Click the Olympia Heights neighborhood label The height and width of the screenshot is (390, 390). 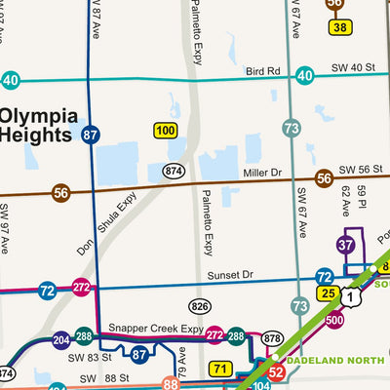click(39, 126)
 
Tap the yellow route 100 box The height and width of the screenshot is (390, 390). click(166, 130)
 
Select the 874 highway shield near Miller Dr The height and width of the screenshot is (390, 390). click(175, 171)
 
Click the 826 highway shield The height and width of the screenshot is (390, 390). click(201, 307)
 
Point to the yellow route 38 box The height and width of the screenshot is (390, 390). click(339, 27)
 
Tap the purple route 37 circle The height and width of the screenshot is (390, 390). click(346, 245)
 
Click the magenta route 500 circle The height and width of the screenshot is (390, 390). click(334, 320)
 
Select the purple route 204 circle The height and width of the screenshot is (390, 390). click(60, 340)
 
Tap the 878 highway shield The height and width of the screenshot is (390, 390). click(272, 338)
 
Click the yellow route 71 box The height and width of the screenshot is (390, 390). click(221, 369)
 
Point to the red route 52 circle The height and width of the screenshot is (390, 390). click(276, 371)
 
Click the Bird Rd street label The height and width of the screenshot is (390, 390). click(262, 71)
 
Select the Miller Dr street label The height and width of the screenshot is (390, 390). click(262, 173)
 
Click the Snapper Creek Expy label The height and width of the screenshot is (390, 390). click(155, 329)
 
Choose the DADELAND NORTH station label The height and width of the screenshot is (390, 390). click(334, 358)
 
